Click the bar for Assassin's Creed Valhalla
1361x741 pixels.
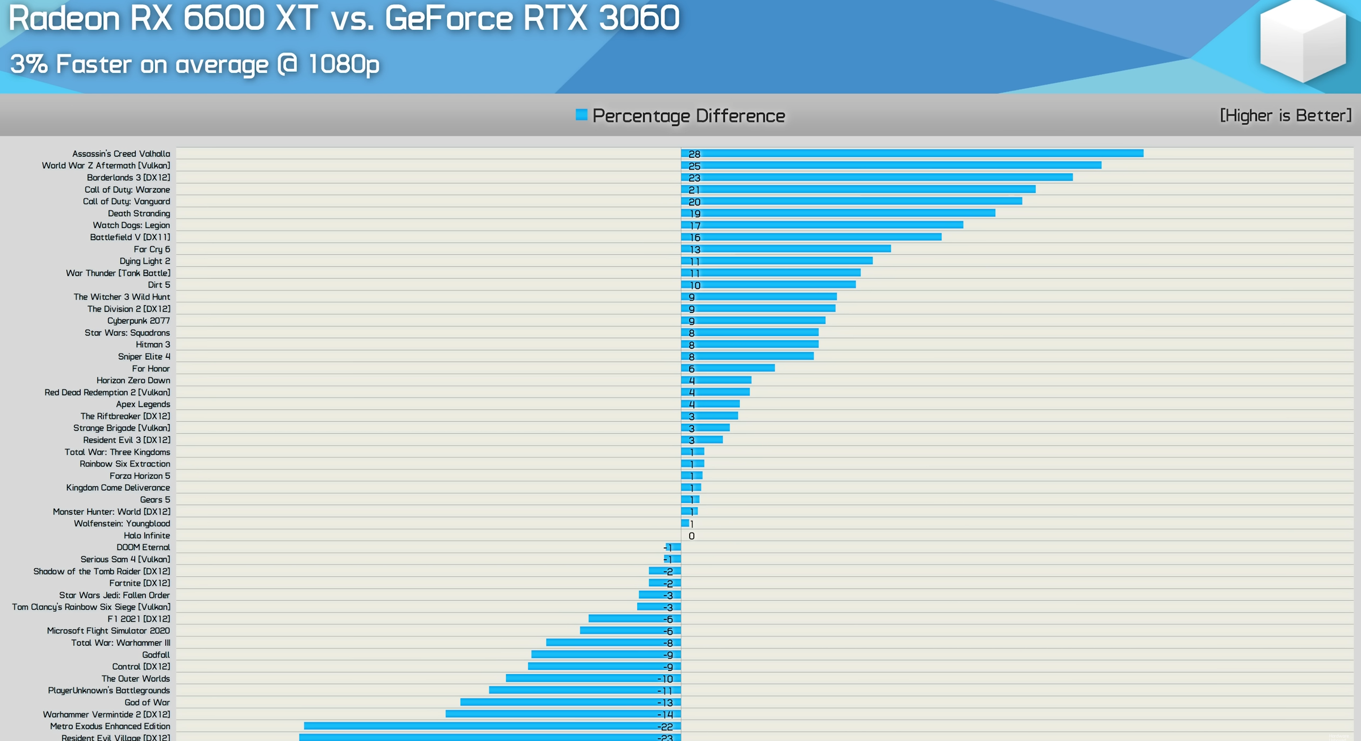(912, 154)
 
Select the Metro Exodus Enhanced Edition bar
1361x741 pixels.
(492, 726)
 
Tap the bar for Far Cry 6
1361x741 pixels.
(786, 249)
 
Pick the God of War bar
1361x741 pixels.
(570, 702)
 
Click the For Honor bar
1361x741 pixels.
(728, 368)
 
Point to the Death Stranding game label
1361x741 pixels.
(138, 213)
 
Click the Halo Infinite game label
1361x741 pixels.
(146, 536)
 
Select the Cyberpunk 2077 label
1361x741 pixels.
(138, 320)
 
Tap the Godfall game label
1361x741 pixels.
(156, 655)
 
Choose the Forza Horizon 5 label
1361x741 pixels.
(140, 476)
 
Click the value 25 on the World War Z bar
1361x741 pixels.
(694, 166)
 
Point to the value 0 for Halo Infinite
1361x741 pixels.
(691, 536)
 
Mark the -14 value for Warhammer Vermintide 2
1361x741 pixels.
(665, 715)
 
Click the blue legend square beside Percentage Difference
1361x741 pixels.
(581, 115)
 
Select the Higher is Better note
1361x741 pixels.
(1285, 116)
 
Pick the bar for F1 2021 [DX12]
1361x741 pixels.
(634, 619)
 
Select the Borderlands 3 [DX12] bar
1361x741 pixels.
(877, 178)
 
